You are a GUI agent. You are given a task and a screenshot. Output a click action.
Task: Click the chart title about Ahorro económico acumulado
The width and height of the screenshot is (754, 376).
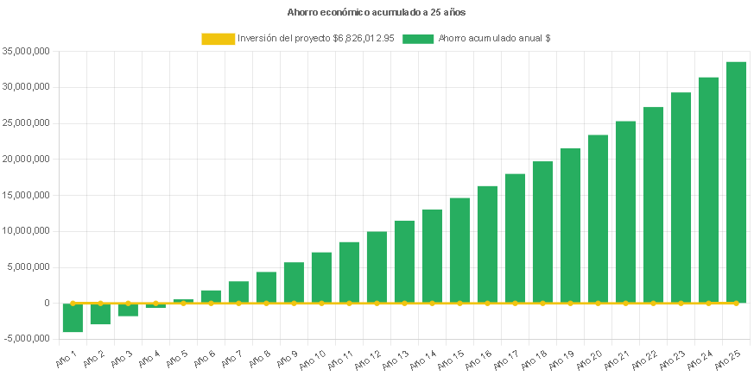pyautogui.click(x=377, y=13)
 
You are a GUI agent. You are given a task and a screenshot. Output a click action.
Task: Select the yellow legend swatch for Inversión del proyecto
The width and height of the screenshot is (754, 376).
pyautogui.click(x=218, y=39)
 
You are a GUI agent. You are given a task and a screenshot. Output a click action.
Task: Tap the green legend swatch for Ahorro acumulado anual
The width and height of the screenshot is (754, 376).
pyautogui.click(x=418, y=39)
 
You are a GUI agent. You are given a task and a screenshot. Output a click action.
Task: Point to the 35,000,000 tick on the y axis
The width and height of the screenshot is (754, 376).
pyautogui.click(x=26, y=51)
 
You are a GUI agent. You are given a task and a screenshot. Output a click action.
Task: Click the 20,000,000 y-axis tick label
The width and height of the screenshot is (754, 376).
pyautogui.click(x=26, y=159)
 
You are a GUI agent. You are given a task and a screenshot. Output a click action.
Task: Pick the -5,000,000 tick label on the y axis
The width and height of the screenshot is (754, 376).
pyautogui.click(x=26, y=338)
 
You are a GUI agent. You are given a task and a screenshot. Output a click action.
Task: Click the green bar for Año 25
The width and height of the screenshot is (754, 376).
pyautogui.click(x=736, y=182)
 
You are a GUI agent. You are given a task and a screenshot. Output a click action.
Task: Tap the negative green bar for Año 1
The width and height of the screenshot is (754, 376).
pyautogui.click(x=73, y=317)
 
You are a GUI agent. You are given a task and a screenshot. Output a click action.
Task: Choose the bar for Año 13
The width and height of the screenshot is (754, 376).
pyautogui.click(x=404, y=261)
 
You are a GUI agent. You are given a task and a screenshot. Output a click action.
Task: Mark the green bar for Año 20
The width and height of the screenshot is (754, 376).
pyautogui.click(x=598, y=218)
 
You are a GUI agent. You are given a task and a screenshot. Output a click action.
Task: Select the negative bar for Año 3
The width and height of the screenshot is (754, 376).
pyautogui.click(x=128, y=310)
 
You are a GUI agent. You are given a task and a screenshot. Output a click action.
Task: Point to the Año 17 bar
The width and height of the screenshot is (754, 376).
pyautogui.click(x=515, y=238)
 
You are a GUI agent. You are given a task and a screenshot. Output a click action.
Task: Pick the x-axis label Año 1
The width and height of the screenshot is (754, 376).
pyautogui.click(x=67, y=356)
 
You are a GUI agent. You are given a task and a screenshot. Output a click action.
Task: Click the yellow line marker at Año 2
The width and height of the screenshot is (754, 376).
pyautogui.click(x=100, y=304)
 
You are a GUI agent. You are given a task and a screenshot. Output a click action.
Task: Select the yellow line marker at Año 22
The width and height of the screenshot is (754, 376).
pyautogui.click(x=653, y=304)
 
